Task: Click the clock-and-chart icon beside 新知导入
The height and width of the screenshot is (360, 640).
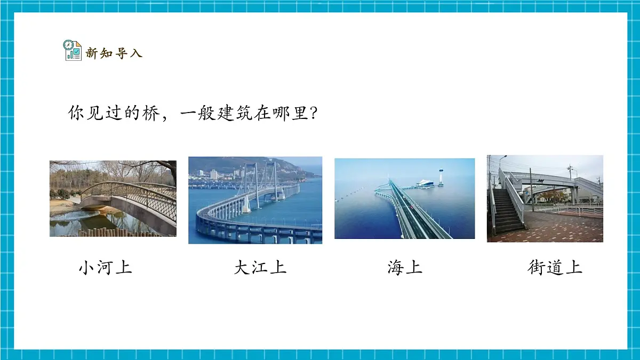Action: point(73,51)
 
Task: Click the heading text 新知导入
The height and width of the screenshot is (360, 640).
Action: point(114,53)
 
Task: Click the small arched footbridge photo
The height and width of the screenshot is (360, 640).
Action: point(113,198)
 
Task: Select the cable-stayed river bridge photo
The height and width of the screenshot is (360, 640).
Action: point(255,200)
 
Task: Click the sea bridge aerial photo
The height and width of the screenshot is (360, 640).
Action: point(404,198)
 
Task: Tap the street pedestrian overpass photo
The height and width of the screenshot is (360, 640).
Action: point(545,198)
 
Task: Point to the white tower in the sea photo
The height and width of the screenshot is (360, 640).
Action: point(441,177)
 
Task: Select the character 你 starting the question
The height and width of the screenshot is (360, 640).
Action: point(77,114)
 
